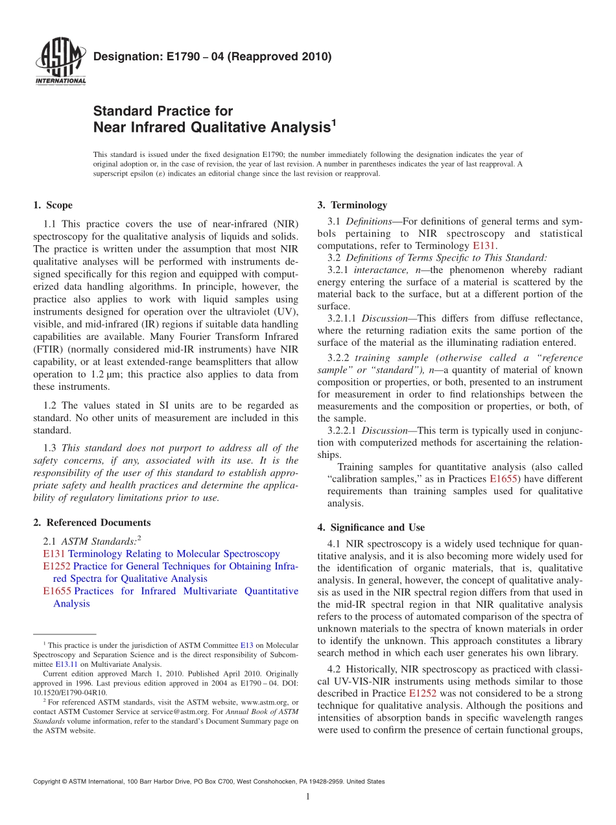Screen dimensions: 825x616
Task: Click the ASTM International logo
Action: click(x=60, y=62)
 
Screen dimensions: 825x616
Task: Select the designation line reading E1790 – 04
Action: click(x=212, y=56)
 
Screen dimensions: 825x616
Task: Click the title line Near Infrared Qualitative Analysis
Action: click(x=212, y=128)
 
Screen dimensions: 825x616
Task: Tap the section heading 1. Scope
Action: click(x=53, y=206)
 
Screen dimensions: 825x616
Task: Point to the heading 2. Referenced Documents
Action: click(x=91, y=523)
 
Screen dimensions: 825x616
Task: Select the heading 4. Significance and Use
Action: click(x=371, y=527)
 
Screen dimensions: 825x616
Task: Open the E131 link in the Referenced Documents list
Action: click(x=54, y=554)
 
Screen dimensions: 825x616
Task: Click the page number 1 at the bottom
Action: click(x=308, y=796)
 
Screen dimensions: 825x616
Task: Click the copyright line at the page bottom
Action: click(x=209, y=782)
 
